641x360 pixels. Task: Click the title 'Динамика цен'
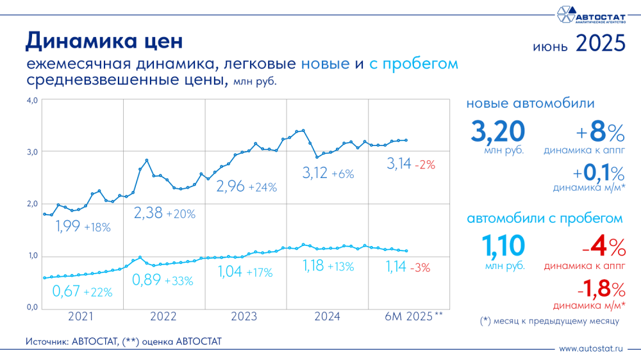[104, 40]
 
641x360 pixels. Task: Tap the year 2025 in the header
[600, 44]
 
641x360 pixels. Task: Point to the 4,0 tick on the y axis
[33, 100]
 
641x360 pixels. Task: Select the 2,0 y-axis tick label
[33, 204]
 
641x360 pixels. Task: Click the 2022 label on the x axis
[163, 316]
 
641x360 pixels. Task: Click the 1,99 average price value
[67, 226]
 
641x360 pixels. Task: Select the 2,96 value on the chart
[230, 187]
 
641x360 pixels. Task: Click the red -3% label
[422, 267]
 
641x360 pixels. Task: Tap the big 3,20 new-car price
[498, 131]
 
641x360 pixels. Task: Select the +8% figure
[599, 133]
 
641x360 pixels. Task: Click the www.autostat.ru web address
[590, 349]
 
